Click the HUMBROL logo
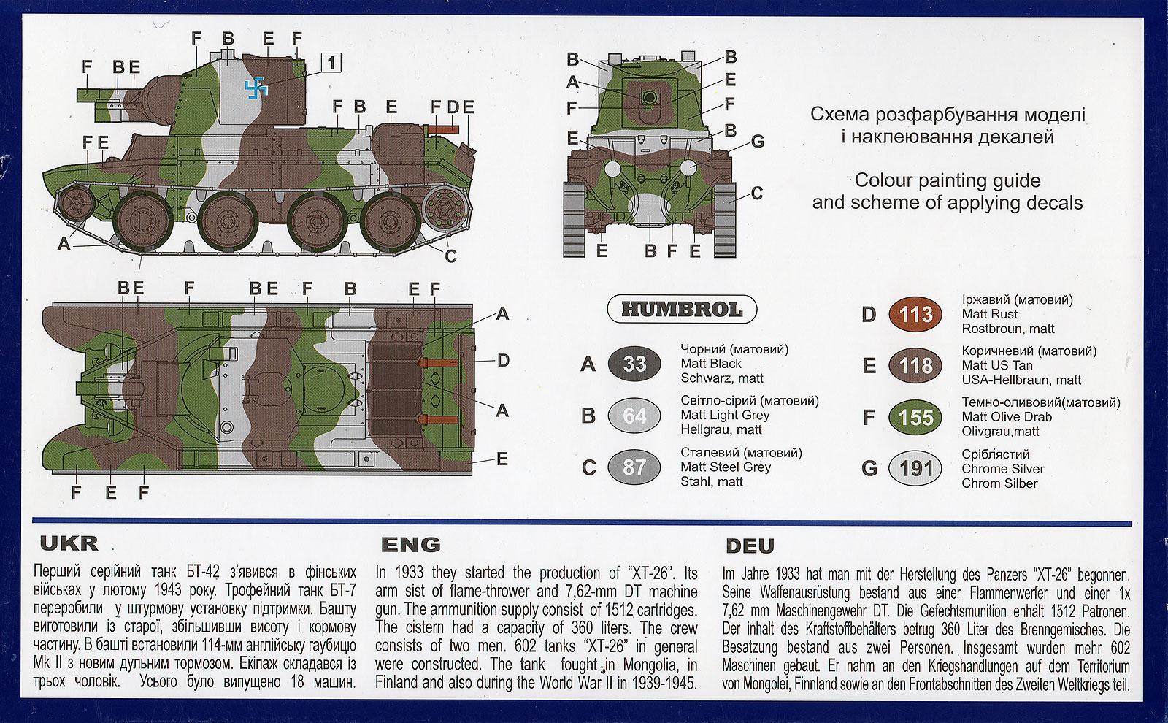682,310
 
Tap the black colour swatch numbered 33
634,363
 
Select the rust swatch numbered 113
915,314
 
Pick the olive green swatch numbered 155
915,417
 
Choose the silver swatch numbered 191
915,468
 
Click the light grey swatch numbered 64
634,416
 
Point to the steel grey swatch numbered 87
634,467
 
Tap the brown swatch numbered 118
915,365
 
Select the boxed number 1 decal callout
331,63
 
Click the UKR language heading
69,543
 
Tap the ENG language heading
411,545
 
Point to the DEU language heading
750,546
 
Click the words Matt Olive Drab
1007,417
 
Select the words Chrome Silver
1002,469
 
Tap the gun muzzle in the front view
648,97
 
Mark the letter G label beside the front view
757,142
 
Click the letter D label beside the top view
503,360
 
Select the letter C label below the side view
450,256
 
